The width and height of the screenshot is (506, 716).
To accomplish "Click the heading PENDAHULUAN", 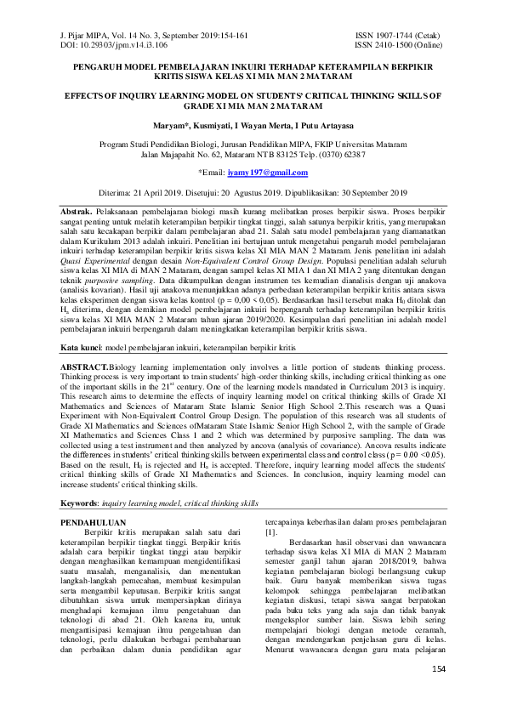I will tap(94, 522).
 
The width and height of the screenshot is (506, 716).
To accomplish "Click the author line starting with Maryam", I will tap(252, 125).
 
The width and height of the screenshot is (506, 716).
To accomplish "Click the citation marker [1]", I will tap(270, 532).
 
